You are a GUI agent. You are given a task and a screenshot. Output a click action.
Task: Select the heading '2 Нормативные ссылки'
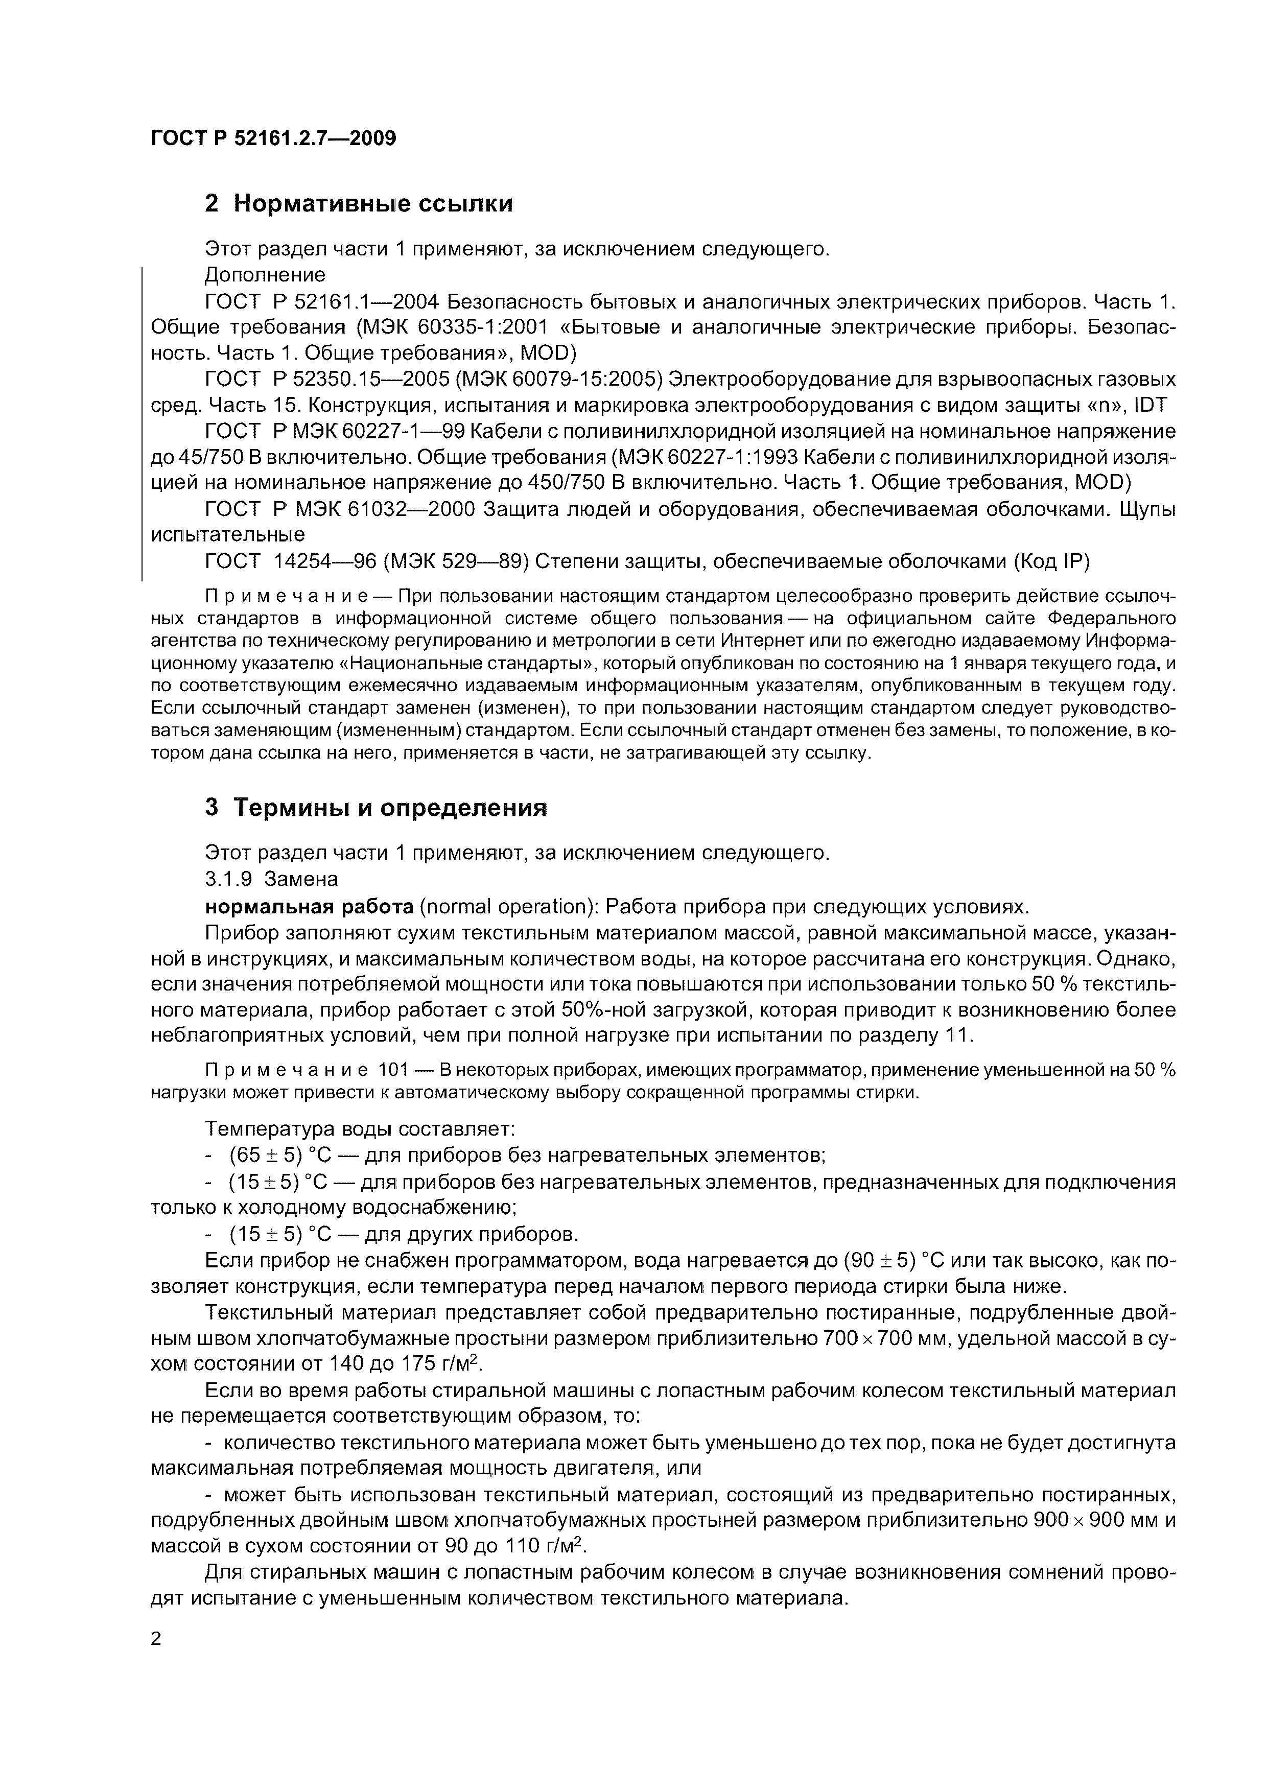click(x=358, y=204)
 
